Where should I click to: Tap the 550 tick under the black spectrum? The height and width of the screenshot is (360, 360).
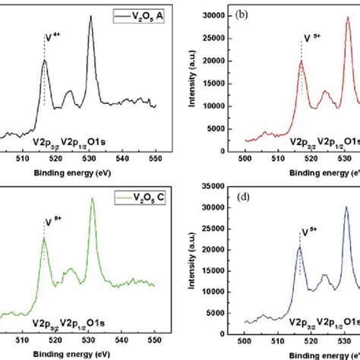(x=155, y=160)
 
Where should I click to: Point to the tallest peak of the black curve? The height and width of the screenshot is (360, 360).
(x=90, y=17)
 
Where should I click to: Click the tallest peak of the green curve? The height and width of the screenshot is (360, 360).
(x=92, y=199)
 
